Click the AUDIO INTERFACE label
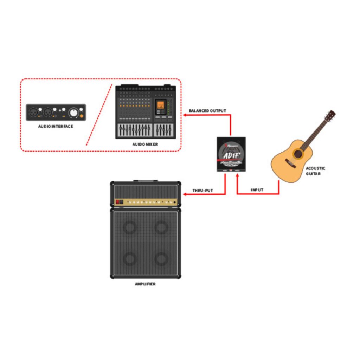point(56,126)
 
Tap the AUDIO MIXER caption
point(145,144)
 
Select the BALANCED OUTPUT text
point(207,111)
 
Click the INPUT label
point(257,190)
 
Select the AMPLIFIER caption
point(145,284)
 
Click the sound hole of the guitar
point(298,154)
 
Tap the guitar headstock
point(330,116)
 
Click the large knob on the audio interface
point(73,112)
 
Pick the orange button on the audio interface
point(82,116)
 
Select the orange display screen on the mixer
point(161,105)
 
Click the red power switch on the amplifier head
point(118,202)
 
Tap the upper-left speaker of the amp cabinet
point(130,227)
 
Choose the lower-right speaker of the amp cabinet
point(161,259)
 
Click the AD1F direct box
point(231,154)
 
